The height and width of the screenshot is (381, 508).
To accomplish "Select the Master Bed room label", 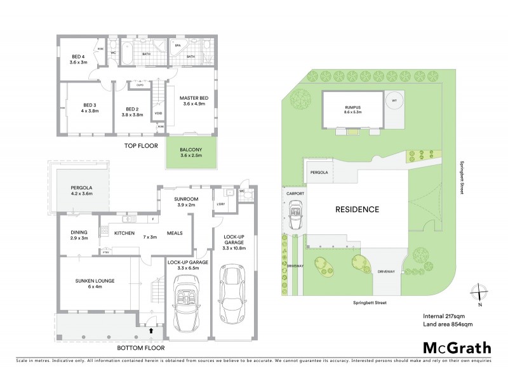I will coord(193,101).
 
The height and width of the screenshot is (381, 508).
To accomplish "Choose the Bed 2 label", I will coord(132,111).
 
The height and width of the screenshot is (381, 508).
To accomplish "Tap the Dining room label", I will coord(79,235).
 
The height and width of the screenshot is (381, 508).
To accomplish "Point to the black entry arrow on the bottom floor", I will coord(150,330).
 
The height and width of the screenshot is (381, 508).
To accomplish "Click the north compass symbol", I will coord(480,294).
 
